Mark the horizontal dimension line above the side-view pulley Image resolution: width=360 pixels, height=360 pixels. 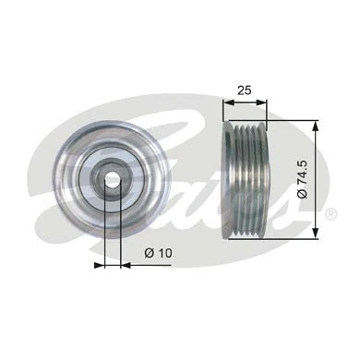pyautogui.click(x=246, y=105)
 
